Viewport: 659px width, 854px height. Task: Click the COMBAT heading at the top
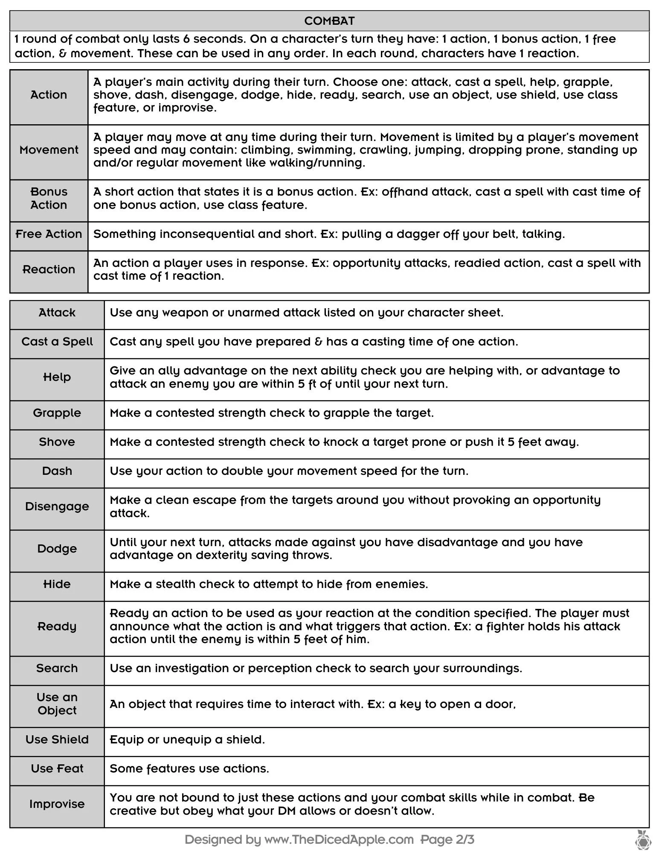point(329,21)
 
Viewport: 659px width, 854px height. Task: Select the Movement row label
point(49,150)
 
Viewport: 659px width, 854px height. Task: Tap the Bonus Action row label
point(49,198)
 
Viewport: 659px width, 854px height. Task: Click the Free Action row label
point(49,234)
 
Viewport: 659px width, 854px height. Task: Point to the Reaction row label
point(49,269)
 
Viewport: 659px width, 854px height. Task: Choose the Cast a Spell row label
point(57,342)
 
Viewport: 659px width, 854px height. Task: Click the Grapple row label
point(57,413)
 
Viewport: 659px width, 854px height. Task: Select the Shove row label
point(57,442)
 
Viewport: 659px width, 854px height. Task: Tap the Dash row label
point(57,471)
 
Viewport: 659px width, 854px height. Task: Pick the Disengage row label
point(57,506)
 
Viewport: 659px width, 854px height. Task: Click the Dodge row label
point(57,549)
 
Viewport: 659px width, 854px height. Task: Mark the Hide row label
point(57,584)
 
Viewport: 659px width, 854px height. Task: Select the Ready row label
point(57,626)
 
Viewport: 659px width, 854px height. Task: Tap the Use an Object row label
point(57,704)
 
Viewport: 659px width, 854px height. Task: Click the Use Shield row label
point(57,740)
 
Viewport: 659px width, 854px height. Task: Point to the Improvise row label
point(57,804)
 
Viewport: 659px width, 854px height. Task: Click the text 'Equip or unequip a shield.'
point(187,740)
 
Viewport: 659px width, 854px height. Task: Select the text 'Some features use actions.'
point(189,769)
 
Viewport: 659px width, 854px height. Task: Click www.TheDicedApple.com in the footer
point(339,840)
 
